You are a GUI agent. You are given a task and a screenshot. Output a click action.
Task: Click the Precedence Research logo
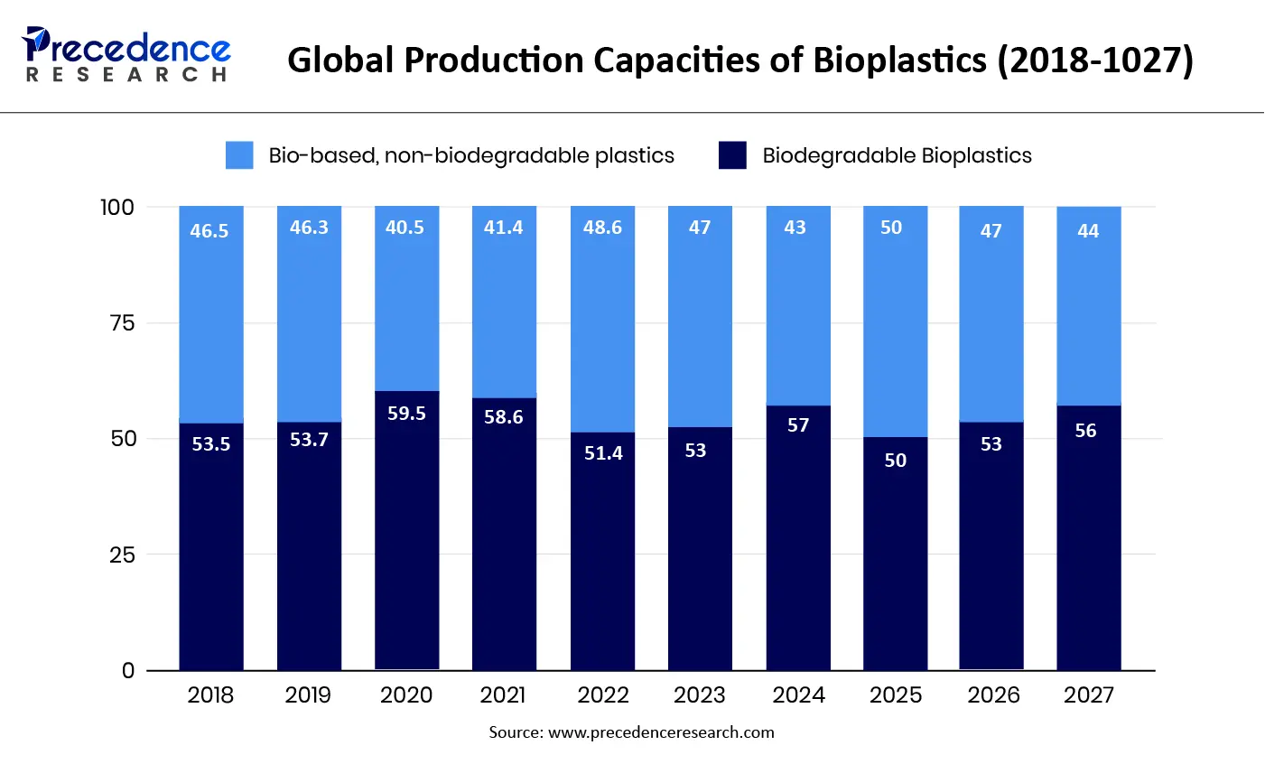[127, 54]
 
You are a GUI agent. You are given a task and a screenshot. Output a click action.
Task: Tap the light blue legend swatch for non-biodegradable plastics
[239, 155]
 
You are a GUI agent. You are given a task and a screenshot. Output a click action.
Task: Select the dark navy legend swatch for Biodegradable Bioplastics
[732, 155]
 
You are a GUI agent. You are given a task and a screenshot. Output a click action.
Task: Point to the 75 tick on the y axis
[121, 323]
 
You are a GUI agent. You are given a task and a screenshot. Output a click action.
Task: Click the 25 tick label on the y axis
[121, 554]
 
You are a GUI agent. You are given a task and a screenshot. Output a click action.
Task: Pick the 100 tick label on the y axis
[116, 207]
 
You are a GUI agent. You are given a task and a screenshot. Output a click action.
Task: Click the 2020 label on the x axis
[406, 694]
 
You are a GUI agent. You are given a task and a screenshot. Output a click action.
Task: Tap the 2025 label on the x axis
[895, 694]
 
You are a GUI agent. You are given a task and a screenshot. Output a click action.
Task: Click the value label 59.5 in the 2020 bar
[406, 414]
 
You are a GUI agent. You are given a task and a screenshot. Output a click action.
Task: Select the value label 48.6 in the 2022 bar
[602, 228]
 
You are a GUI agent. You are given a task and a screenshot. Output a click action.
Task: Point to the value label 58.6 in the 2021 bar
[504, 417]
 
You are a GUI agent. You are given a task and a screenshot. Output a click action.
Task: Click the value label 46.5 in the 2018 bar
[209, 231]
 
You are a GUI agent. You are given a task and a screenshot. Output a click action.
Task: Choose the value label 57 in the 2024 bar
[798, 425]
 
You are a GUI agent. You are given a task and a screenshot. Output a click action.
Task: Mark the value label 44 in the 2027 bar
[1088, 231]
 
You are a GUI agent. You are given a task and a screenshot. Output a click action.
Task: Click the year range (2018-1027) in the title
[1095, 61]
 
